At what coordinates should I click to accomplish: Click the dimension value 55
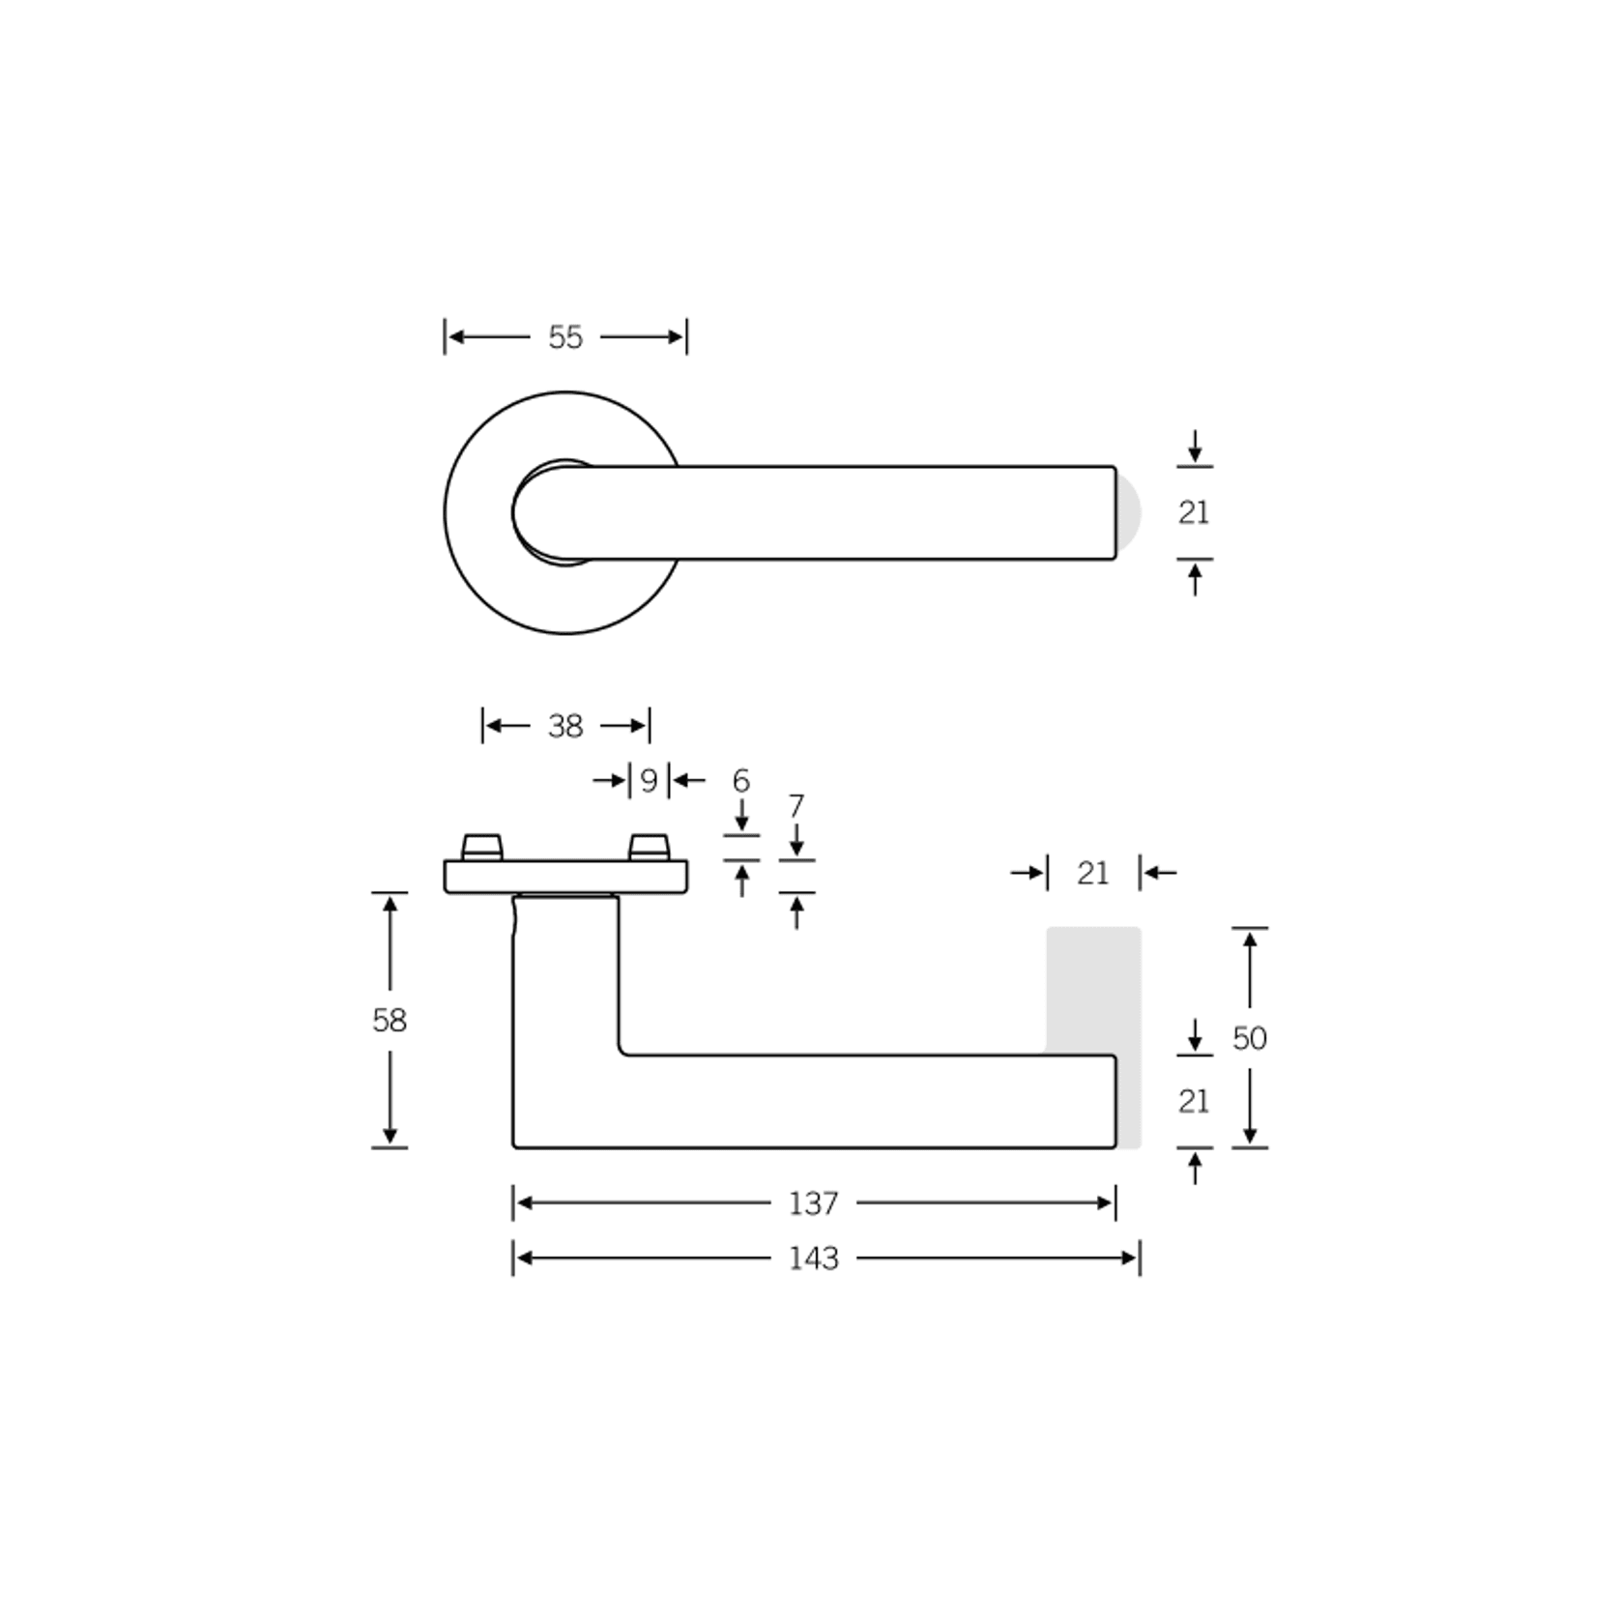pos(565,337)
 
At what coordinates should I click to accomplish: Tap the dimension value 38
pos(565,726)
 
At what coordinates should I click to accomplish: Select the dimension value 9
pos(649,780)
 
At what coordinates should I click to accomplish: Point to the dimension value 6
pos(741,780)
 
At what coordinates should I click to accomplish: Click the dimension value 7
pos(796,805)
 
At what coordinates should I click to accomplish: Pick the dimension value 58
pos(390,1020)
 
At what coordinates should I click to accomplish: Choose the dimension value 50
pos(1250,1038)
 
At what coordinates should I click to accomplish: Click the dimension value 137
pos(813,1203)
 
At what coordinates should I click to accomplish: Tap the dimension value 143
pos(813,1258)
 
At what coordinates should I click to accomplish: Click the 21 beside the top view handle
pos(1194,512)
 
